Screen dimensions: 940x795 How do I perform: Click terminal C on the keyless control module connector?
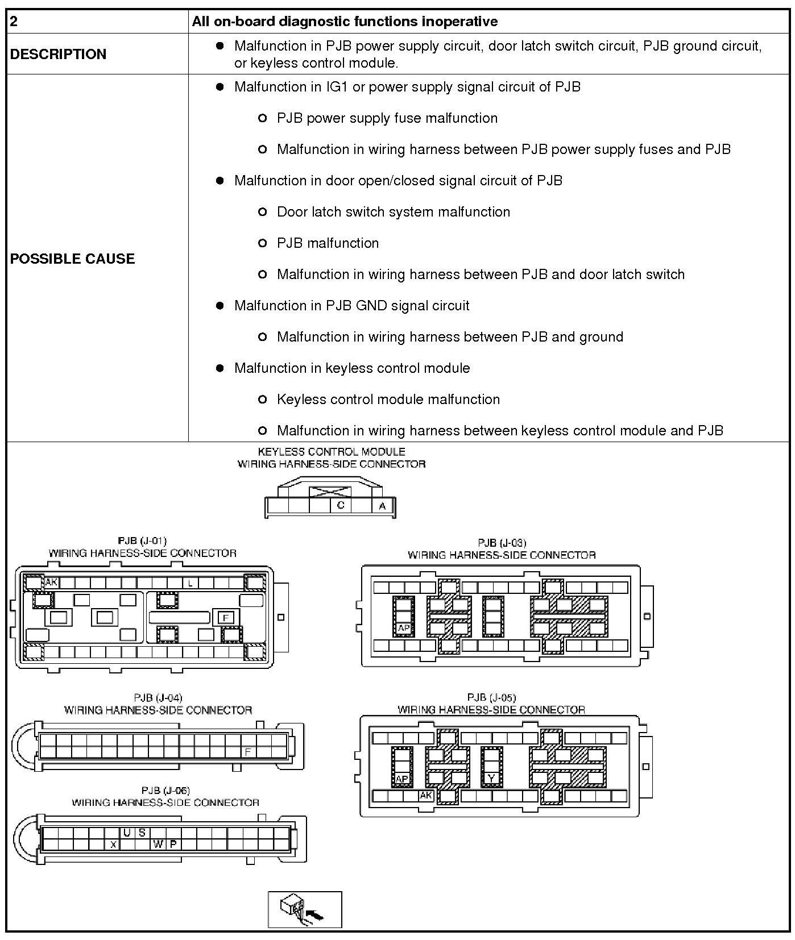coord(341,505)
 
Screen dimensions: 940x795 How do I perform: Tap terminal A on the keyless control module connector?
coord(382,506)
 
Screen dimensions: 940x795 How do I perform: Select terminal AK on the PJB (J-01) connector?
coord(51,582)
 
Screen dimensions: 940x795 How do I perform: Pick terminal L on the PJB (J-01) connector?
coord(191,583)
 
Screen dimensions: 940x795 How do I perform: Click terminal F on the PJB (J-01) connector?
coord(226,618)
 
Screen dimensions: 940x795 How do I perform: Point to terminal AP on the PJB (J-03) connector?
coord(403,629)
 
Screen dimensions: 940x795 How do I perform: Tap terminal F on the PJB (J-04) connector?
coord(248,751)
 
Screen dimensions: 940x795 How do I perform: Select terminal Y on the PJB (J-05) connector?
coord(491,779)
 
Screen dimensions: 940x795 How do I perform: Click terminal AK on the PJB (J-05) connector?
coord(425,796)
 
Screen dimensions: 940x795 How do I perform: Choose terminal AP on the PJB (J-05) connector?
coord(402,779)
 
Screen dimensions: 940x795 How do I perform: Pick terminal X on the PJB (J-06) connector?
coord(113,845)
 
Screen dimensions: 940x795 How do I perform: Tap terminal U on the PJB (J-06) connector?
coord(127,833)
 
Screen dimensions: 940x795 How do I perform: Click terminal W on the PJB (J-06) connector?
coord(158,845)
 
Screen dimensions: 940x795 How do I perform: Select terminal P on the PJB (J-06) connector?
coord(173,845)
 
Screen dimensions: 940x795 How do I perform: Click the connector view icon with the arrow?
coord(305,909)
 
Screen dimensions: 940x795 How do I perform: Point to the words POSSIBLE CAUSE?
coord(72,259)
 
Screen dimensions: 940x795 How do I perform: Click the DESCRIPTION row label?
coord(58,54)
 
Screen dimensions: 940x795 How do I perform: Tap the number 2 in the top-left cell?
coord(14,22)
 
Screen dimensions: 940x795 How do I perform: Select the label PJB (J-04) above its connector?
coord(158,697)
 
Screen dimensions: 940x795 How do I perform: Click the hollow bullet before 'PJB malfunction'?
coord(262,243)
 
